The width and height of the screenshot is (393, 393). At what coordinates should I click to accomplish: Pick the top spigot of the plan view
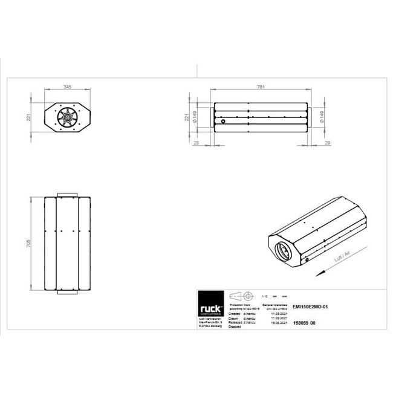[67, 195]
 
